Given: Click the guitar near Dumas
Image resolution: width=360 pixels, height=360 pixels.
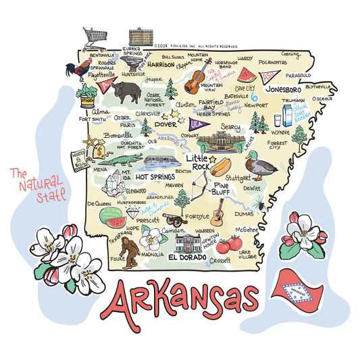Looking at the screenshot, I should [x=217, y=213].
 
